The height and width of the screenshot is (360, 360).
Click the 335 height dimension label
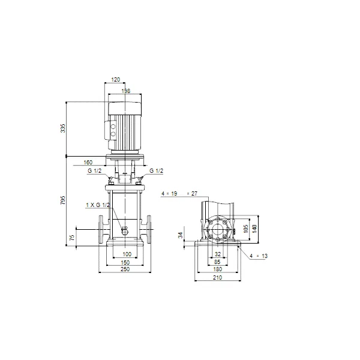[x=62, y=128]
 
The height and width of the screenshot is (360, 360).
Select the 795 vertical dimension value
[x=62, y=200]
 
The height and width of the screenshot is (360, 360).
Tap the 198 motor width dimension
[x=126, y=91]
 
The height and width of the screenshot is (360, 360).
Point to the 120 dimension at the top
[x=115, y=79]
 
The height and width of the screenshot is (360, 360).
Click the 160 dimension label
[x=88, y=163]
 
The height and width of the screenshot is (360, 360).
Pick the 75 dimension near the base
[x=72, y=238]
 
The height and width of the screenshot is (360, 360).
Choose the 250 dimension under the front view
[x=125, y=269]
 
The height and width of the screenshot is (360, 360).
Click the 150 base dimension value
[x=125, y=262]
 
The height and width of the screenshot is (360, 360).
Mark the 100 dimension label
[x=127, y=254]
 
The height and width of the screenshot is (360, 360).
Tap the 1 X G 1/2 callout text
[x=98, y=205]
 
